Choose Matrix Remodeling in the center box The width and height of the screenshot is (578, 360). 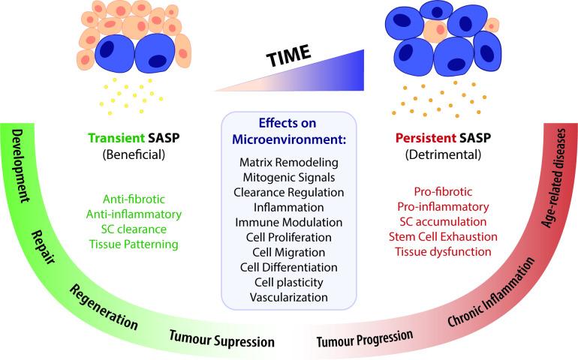[290, 161]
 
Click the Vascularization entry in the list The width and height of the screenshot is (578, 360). [290, 297]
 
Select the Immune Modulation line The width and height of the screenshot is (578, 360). [290, 222]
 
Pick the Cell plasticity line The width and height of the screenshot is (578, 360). [290, 282]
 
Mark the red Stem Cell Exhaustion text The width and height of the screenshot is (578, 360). [442, 236]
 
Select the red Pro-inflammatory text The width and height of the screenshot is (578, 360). [442, 206]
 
